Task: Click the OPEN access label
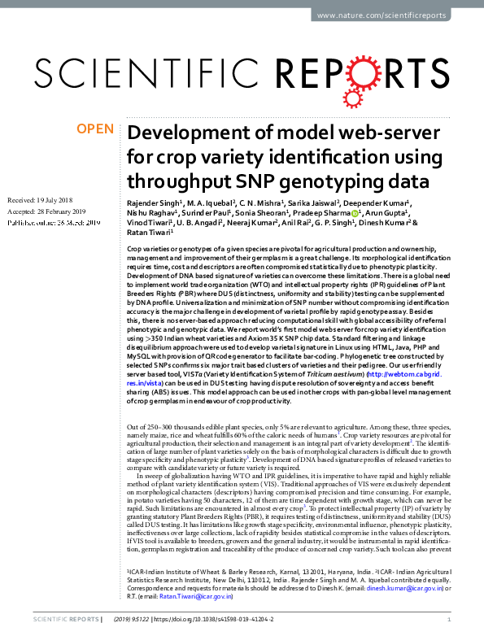(94, 129)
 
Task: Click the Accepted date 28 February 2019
(46, 211)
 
